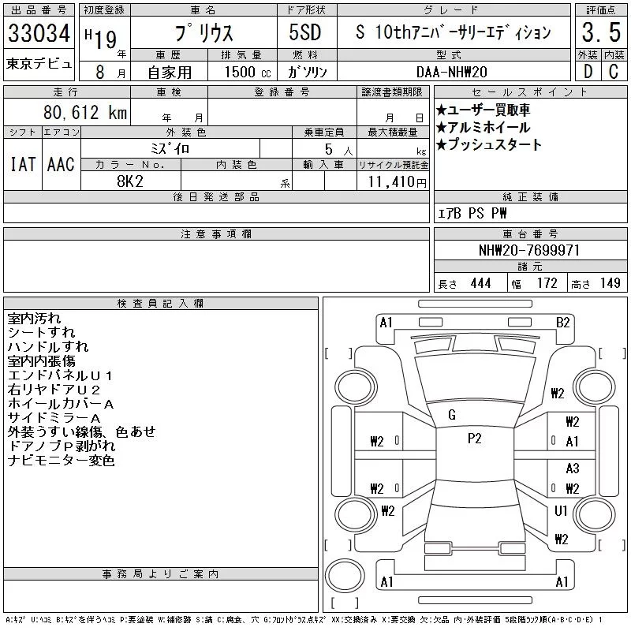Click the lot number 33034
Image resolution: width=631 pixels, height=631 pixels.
tap(39, 33)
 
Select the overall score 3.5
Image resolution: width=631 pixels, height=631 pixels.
tap(601, 32)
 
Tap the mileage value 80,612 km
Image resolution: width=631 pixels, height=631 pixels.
tap(85, 113)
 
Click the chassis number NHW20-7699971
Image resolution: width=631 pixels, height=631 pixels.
tap(529, 250)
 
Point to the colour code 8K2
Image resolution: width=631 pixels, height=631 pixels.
tap(130, 181)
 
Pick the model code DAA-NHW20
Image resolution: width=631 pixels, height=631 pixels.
tap(451, 72)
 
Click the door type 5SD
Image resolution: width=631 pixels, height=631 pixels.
tap(305, 32)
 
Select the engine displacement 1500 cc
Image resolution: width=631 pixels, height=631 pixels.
tap(248, 72)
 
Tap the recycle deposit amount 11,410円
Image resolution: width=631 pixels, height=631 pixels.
tap(398, 182)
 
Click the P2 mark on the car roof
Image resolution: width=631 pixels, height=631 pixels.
tap(475, 439)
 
